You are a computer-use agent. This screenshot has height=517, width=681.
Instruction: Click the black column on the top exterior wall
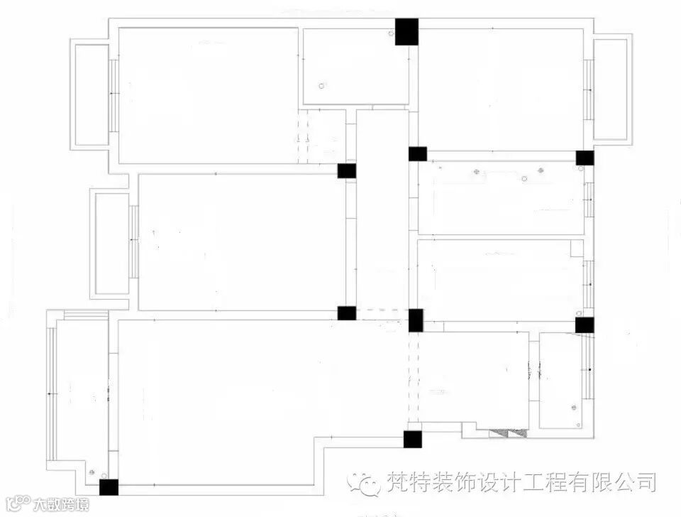406,32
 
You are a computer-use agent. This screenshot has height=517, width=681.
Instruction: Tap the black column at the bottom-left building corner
109,487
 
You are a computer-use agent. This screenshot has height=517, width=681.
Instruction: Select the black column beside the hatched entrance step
412,439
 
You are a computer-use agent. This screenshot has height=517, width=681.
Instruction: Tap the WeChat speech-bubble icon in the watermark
367,483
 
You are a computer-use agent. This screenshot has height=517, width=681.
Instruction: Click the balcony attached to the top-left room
92,94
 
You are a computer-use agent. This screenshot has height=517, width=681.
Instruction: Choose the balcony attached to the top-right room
610,89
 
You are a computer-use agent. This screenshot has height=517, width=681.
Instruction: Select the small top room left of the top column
355,66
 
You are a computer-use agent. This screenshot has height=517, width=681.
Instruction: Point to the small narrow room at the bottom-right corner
560,380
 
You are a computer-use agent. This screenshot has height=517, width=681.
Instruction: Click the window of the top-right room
588,89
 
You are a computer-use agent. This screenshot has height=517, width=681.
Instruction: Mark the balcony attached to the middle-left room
111,243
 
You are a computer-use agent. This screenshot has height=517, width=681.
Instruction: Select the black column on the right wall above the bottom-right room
585,325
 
